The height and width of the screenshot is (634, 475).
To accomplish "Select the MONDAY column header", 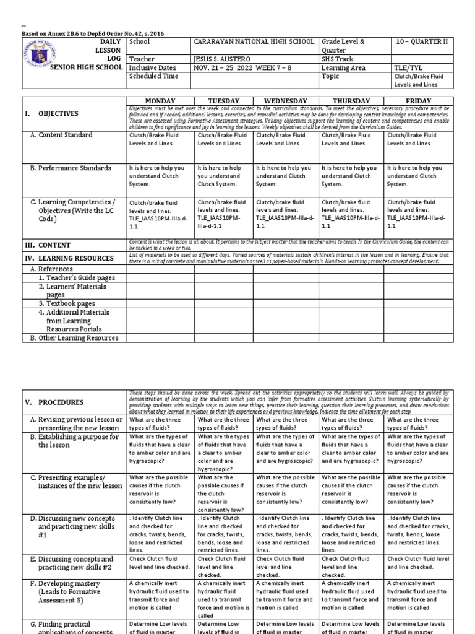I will click(160, 101).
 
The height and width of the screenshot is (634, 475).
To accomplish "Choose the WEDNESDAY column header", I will click(286, 101).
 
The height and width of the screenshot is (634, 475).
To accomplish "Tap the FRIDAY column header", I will click(419, 101).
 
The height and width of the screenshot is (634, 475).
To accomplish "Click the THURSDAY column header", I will click(351, 101).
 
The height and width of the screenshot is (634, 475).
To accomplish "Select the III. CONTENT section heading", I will click(47, 245).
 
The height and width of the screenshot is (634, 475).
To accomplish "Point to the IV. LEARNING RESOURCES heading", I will click(68, 258).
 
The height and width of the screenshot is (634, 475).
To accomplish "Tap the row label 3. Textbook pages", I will click(67, 304).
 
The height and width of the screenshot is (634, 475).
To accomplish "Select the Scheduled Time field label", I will click(153, 76).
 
